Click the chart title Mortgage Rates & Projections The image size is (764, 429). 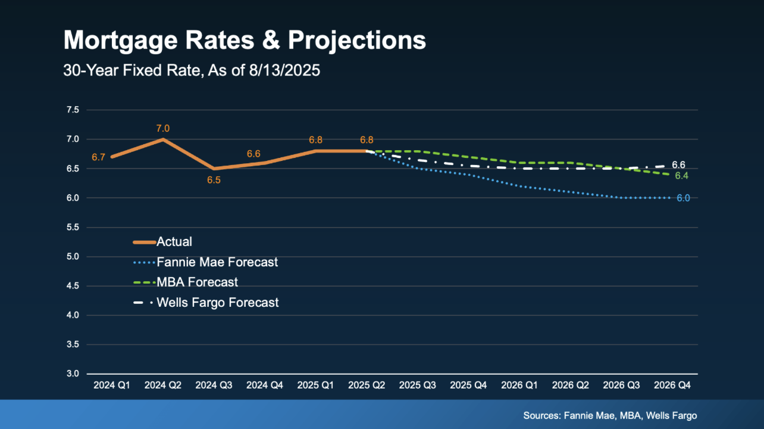click(x=245, y=41)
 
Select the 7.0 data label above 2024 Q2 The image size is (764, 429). click(x=162, y=128)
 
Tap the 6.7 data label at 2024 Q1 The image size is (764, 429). click(x=98, y=157)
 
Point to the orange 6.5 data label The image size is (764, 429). click(x=214, y=180)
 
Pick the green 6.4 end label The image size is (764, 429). click(x=681, y=176)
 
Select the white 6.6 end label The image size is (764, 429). click(x=679, y=164)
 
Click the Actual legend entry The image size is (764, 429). click(x=174, y=242)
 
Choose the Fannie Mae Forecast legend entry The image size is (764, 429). click(x=217, y=262)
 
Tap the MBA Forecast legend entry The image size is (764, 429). click(x=197, y=282)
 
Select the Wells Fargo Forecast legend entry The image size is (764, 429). click(x=217, y=303)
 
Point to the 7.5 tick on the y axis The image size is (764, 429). click(x=73, y=110)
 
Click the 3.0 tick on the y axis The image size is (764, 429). click(x=73, y=374)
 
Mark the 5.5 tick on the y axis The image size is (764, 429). click(x=73, y=228)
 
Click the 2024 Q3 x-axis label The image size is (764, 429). click(x=214, y=386)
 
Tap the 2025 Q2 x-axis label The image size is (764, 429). click(x=367, y=386)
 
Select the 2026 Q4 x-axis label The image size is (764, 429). click(x=672, y=386)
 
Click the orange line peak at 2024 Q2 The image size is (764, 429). click(x=162, y=139)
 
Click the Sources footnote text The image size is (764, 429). click(x=610, y=415)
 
